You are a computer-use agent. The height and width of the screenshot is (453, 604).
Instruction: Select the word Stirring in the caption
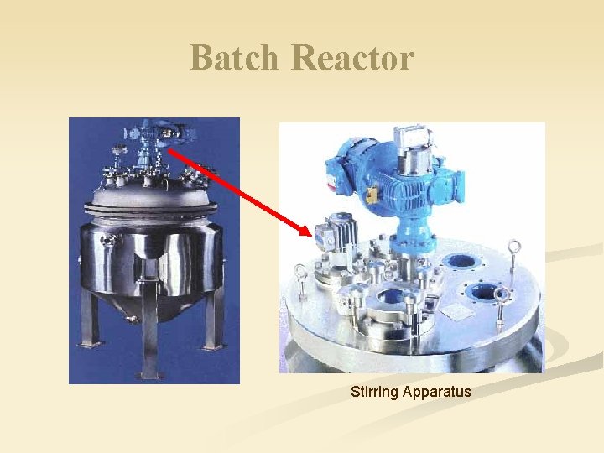(x=374, y=392)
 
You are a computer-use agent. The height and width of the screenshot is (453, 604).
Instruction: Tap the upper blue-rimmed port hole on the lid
(x=461, y=261)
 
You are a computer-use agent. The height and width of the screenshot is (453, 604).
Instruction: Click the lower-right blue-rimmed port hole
(x=484, y=294)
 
